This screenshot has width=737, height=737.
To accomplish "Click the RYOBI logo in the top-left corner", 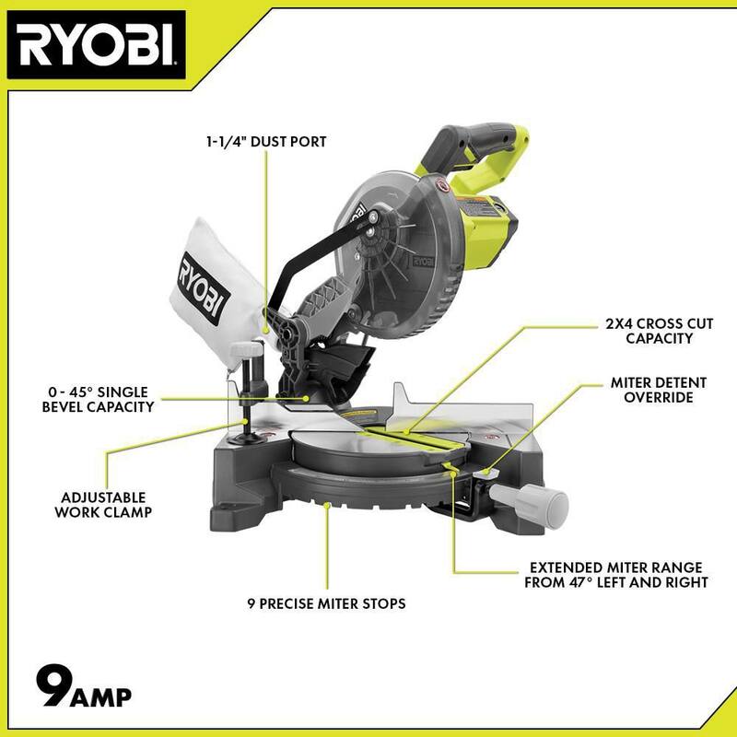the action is click(97, 45).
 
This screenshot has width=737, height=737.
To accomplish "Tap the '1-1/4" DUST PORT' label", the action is click(266, 142).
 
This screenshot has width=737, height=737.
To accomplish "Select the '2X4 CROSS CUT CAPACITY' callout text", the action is click(659, 331).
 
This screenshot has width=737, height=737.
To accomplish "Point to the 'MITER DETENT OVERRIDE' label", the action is click(659, 390).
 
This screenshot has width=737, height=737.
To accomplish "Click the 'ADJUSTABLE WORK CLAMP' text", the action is click(103, 505).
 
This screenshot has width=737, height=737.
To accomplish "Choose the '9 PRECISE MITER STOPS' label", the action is click(327, 603).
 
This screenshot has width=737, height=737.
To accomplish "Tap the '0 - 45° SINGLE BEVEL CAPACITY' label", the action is click(99, 400).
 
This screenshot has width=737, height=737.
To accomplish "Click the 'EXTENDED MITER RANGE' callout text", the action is click(616, 567).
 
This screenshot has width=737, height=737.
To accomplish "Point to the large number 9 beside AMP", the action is click(53, 685).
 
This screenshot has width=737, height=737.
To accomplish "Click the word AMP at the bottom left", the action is click(101, 697).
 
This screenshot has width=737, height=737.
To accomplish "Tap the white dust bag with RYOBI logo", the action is click(217, 292).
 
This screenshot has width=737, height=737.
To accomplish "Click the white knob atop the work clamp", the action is click(246, 349).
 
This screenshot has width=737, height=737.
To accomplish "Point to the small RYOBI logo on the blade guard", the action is click(423, 262).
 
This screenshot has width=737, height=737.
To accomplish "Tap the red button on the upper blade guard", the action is click(442, 186).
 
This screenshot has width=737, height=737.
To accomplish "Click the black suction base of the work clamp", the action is click(246, 439).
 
